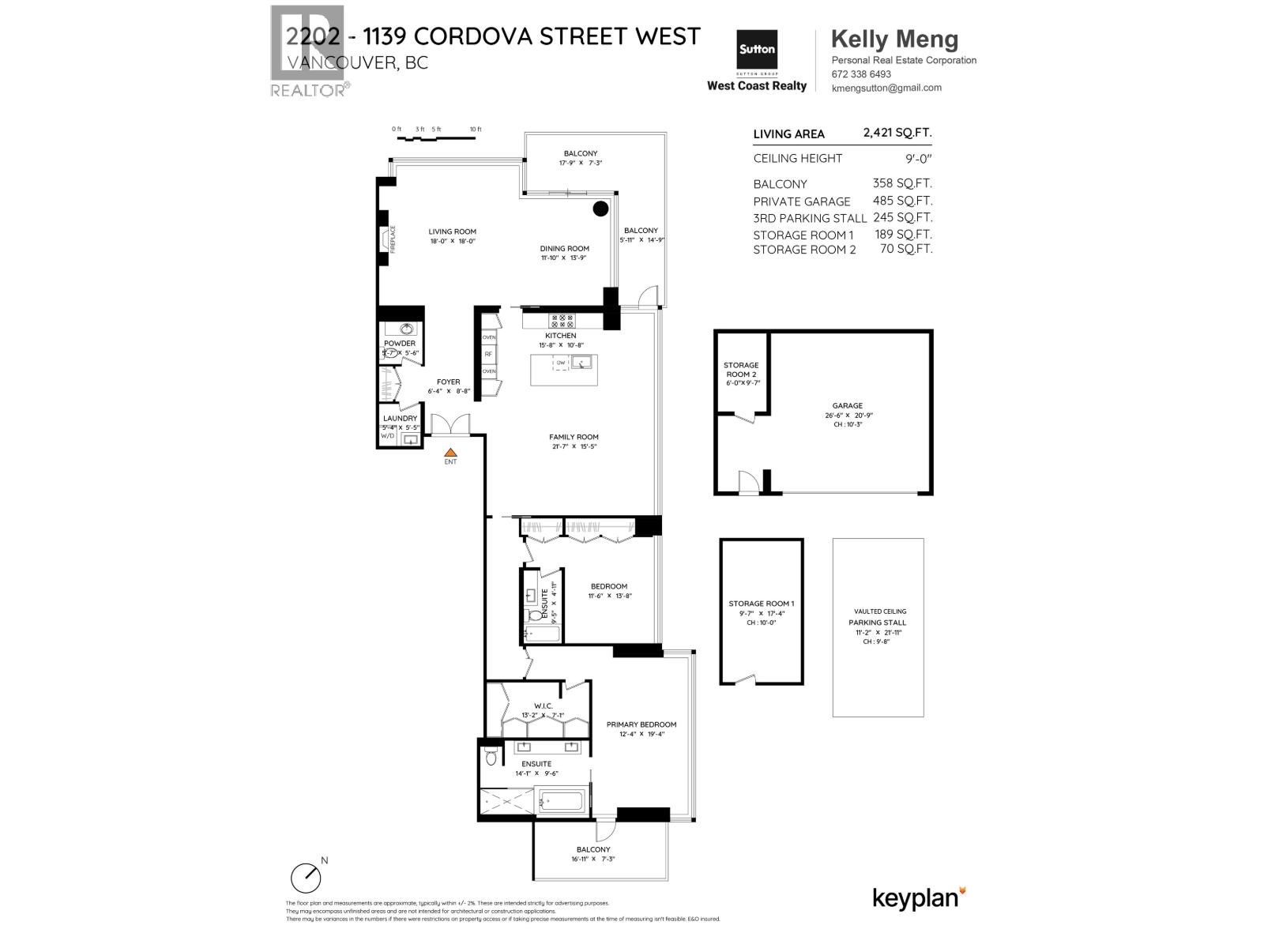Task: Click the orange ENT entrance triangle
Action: tap(450, 451)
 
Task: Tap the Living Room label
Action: tap(453, 232)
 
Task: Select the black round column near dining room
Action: tap(600, 209)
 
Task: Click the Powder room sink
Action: tap(408, 329)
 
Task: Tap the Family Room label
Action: tap(574, 437)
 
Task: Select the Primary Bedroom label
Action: tap(641, 724)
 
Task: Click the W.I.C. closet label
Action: tap(543, 705)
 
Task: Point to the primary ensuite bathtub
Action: tap(562, 803)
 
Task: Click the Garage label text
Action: tap(847, 406)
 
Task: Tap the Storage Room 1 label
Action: tap(761, 604)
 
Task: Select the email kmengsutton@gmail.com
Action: tap(886, 88)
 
